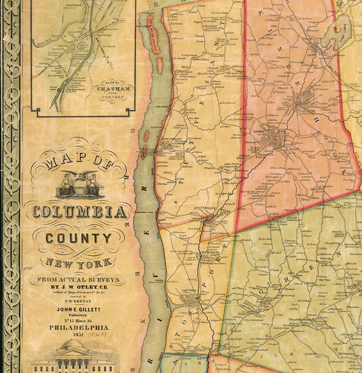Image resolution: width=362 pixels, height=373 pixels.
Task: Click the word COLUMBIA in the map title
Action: click(x=79, y=212)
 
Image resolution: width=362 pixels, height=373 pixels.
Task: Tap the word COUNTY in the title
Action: click(x=78, y=238)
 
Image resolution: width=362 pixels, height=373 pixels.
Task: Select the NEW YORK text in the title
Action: click(x=79, y=262)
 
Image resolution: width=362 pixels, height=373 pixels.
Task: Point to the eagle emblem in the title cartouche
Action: click(x=79, y=175)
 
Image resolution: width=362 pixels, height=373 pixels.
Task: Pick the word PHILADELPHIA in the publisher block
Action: click(x=79, y=328)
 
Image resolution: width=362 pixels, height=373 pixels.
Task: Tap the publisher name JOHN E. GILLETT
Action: click(x=78, y=309)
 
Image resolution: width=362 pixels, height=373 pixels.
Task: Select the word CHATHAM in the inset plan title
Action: click(x=113, y=89)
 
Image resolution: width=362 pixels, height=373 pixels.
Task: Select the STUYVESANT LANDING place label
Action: click(x=173, y=141)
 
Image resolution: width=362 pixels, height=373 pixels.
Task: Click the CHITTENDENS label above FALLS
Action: click(x=209, y=252)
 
